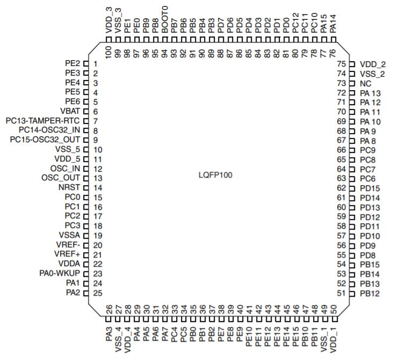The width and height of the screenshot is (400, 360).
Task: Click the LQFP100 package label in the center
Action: pos(215,175)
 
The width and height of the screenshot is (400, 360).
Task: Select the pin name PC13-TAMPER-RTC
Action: pos(42,121)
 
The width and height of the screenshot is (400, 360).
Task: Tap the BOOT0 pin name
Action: pos(165,20)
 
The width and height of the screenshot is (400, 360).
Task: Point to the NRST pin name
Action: pos(69,187)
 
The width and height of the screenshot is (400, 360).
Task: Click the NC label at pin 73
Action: pos(366,84)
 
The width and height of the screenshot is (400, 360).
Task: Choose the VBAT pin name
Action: pos(70,111)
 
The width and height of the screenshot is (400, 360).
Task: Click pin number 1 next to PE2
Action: pos(95,64)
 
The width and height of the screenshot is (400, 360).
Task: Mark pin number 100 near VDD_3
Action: pos(108,52)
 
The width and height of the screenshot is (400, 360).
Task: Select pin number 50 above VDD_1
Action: pos(333,310)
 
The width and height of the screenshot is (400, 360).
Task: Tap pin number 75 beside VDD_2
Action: pos(341,64)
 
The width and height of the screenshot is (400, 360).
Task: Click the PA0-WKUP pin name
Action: pos(60,273)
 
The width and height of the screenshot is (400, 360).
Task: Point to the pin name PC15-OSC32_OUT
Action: pos(45,139)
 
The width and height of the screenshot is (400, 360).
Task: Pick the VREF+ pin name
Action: pos(67,254)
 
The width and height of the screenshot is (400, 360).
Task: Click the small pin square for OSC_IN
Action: pos(86,169)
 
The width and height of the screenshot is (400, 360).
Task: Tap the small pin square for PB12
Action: pos(352,293)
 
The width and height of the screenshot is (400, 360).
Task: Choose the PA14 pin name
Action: pos(333,24)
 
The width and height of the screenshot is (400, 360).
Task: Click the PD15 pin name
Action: pos(370,188)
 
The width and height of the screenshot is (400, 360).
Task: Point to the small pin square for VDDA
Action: pos(86,264)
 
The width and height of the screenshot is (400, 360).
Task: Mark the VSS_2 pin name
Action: pos(372,74)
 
